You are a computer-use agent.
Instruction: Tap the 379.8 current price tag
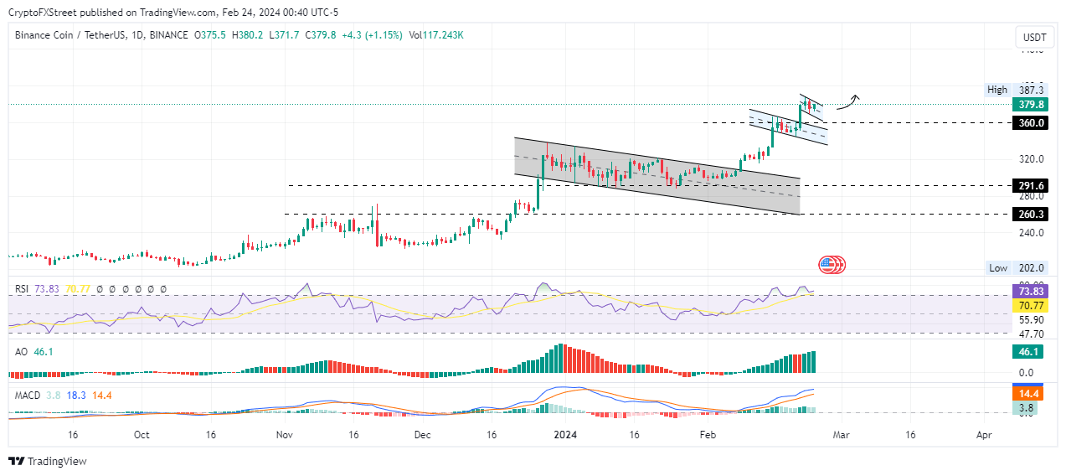pyautogui.click(x=1029, y=105)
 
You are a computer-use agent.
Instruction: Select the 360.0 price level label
pyautogui.click(x=1029, y=122)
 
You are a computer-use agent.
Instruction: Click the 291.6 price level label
pyautogui.click(x=1029, y=185)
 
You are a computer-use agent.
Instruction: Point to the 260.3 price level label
pyautogui.click(x=1029, y=214)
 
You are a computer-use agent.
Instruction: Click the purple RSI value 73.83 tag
pyautogui.click(x=1029, y=291)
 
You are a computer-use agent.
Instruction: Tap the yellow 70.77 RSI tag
pyautogui.click(x=1029, y=306)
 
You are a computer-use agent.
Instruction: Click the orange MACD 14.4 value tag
pyautogui.click(x=1029, y=393)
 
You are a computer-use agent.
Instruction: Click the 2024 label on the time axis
pyautogui.click(x=565, y=436)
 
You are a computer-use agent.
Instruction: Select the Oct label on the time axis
pyautogui.click(x=141, y=436)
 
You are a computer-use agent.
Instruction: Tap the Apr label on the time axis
pyautogui.click(x=985, y=436)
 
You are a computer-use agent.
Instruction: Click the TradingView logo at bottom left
pyautogui.click(x=48, y=461)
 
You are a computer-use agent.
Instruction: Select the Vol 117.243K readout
pyautogui.click(x=435, y=35)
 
